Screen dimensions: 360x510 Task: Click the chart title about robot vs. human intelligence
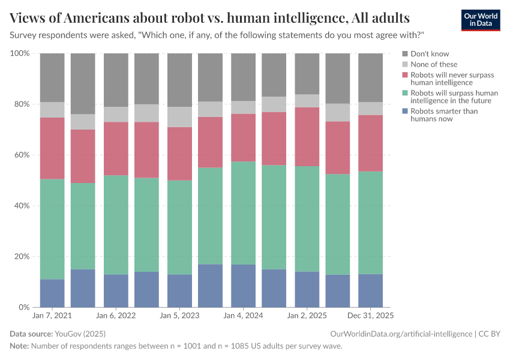pyautogui.click(x=210, y=16)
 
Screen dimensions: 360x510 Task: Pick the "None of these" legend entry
pyautogui.click(x=434, y=64)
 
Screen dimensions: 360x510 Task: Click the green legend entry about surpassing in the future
pyautogui.click(x=454, y=97)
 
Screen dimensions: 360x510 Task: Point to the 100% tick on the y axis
pyautogui.click(x=20, y=53)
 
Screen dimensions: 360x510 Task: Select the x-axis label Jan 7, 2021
pyautogui.click(x=52, y=315)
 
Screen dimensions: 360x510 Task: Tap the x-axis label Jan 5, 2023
pyautogui.click(x=179, y=315)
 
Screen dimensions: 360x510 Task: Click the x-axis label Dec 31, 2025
pyautogui.click(x=370, y=315)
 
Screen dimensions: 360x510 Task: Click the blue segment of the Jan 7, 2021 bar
pyautogui.click(x=52, y=293)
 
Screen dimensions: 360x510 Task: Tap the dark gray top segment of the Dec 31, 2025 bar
pyautogui.click(x=370, y=77)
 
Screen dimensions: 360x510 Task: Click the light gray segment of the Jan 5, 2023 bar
pyautogui.click(x=179, y=117)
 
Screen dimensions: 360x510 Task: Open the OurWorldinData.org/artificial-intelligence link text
pyautogui.click(x=400, y=333)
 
